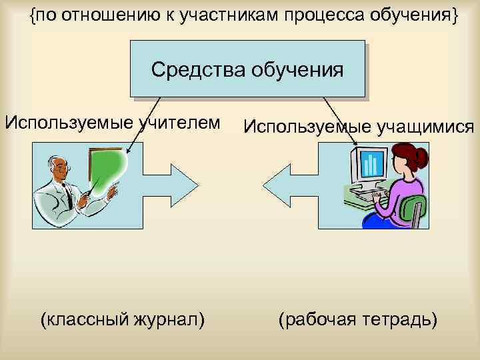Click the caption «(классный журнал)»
click(x=123, y=319)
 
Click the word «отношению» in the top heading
click(x=114, y=16)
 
